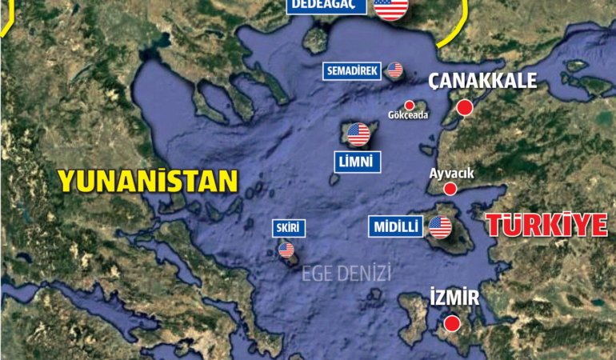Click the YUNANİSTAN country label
click(x=148, y=181)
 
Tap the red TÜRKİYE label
click(x=546, y=225)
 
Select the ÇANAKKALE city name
click(x=482, y=81)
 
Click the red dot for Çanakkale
click(x=464, y=108)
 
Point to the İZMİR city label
click(x=454, y=298)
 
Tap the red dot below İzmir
click(x=452, y=323)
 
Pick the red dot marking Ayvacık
click(x=450, y=189)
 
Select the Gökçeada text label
click(x=408, y=115)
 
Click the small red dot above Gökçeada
click(x=410, y=105)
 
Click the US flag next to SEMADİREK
click(x=394, y=70)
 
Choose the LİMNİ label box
click(x=358, y=162)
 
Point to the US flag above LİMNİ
click(x=358, y=134)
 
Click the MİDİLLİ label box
click(x=396, y=226)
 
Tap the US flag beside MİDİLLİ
click(x=440, y=227)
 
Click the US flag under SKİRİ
click(x=286, y=250)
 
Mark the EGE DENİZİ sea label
click(x=346, y=274)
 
